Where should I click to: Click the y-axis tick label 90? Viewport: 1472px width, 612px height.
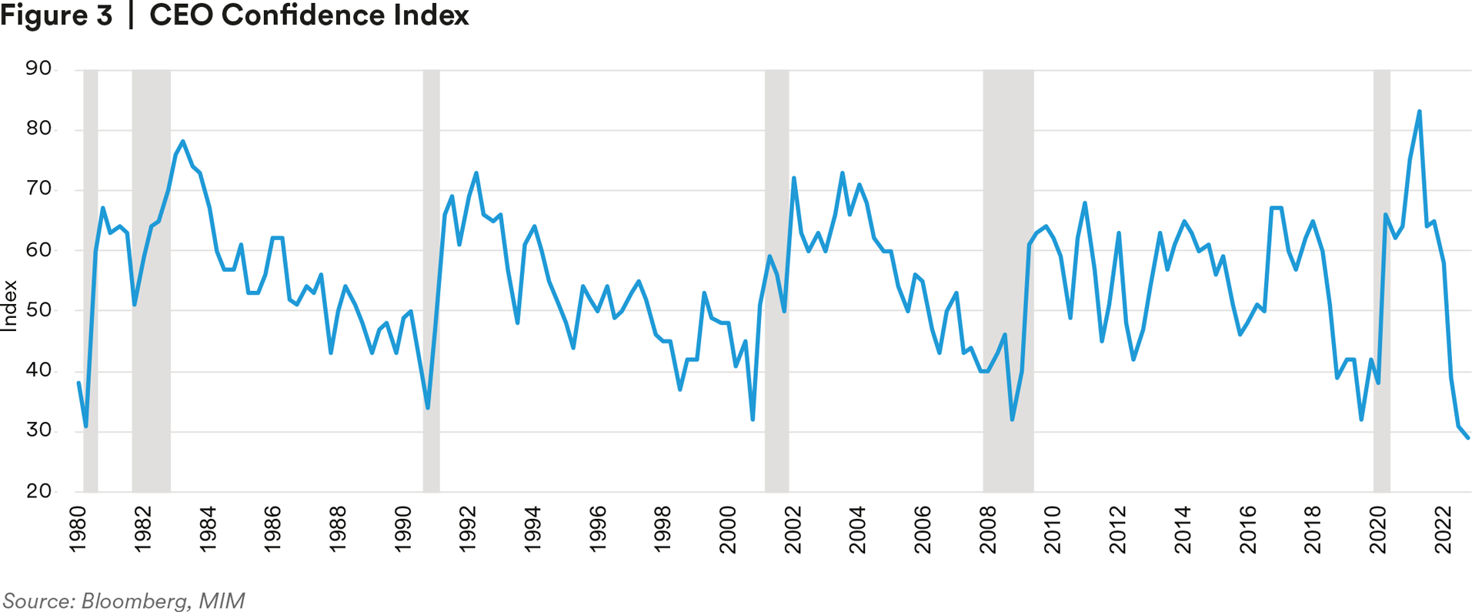[38, 69]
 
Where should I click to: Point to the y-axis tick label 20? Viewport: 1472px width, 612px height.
[38, 491]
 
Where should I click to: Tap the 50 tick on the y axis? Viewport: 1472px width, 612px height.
[38, 310]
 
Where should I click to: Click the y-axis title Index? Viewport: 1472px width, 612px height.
[10, 306]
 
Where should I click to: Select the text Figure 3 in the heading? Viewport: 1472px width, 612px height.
[56, 15]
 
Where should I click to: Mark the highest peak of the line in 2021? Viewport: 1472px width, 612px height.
[1419, 112]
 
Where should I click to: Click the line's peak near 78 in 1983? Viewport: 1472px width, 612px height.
[182, 142]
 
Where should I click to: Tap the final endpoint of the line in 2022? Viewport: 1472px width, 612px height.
[1468, 438]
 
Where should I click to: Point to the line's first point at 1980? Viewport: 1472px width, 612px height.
[78, 383]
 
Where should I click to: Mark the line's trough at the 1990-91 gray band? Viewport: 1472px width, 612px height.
[428, 408]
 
